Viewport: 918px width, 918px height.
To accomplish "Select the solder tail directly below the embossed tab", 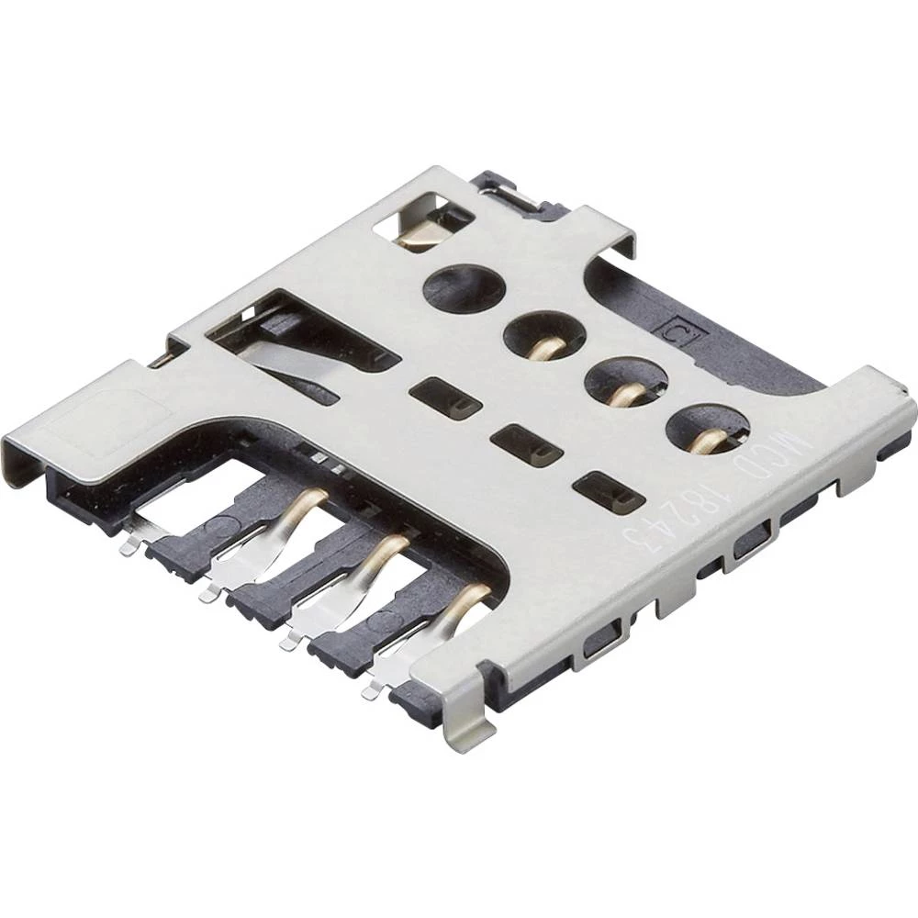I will click(129, 545).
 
